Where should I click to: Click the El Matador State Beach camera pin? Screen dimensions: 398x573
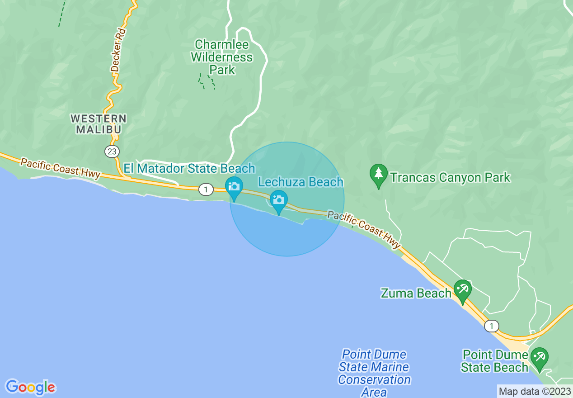pyautogui.click(x=234, y=187)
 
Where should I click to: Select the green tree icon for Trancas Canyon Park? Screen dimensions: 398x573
pyautogui.click(x=378, y=174)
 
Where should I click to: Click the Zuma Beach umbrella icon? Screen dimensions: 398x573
pyautogui.click(x=462, y=289)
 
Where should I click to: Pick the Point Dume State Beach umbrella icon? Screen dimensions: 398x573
pyautogui.click(x=539, y=357)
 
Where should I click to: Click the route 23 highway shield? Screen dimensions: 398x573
pyautogui.click(x=112, y=152)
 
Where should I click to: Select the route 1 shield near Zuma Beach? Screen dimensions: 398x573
pyautogui.click(x=491, y=326)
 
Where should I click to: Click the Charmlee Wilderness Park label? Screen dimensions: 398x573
pyautogui.click(x=222, y=57)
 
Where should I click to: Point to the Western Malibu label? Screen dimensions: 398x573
pyautogui.click(x=99, y=124)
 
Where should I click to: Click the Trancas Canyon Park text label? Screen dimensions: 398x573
pyautogui.click(x=450, y=177)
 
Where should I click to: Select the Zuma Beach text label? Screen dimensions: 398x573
pyautogui.click(x=416, y=293)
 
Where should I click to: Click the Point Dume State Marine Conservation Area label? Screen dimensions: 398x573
pyautogui.click(x=374, y=373)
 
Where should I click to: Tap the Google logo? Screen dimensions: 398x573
pyautogui.click(x=30, y=387)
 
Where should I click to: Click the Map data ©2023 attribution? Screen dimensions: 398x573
pyautogui.click(x=535, y=391)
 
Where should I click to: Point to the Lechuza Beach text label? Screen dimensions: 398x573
pyautogui.click(x=301, y=182)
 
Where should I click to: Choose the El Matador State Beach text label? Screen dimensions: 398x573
pyautogui.click(x=189, y=169)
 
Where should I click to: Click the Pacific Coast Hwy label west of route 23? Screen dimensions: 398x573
pyautogui.click(x=60, y=168)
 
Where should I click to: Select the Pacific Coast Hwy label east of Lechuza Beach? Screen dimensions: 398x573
pyautogui.click(x=364, y=229)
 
